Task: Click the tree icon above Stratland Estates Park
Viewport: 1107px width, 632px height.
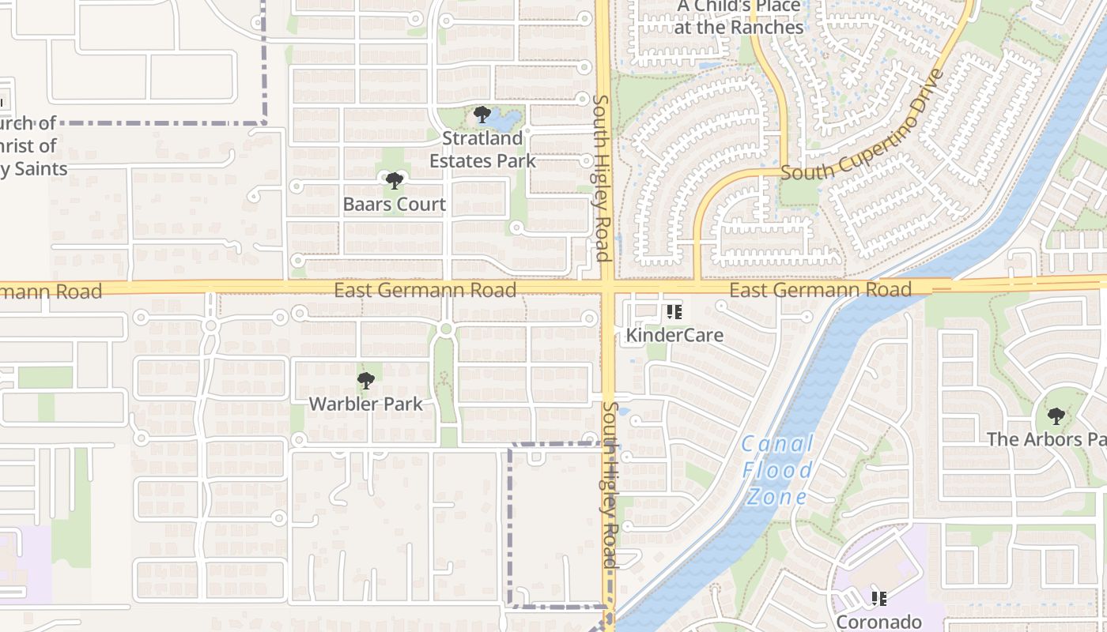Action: pyautogui.click(x=482, y=115)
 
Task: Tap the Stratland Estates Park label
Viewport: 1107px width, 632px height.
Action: pyautogui.click(x=482, y=149)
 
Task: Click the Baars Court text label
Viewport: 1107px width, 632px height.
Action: pyautogui.click(x=394, y=205)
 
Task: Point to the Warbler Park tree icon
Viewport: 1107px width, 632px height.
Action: pyautogui.click(x=365, y=382)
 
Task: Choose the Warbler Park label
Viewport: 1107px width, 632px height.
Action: pyautogui.click(x=365, y=404)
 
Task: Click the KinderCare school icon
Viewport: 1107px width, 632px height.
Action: pyautogui.click(x=674, y=312)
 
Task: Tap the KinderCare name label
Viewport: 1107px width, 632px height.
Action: pyautogui.click(x=674, y=335)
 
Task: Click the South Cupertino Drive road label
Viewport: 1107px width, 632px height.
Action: pyautogui.click(x=863, y=126)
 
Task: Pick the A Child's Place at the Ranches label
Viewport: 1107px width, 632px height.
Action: pyautogui.click(x=739, y=17)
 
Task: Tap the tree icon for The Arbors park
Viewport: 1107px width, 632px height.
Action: pyautogui.click(x=1056, y=416)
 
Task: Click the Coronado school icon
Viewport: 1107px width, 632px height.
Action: pyautogui.click(x=878, y=599)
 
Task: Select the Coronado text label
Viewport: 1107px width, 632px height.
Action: pyautogui.click(x=878, y=622)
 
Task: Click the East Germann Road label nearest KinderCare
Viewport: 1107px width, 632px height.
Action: pyautogui.click(x=819, y=290)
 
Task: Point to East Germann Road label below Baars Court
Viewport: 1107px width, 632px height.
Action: pyautogui.click(x=425, y=290)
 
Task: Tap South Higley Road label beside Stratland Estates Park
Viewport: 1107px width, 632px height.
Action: pyautogui.click(x=601, y=178)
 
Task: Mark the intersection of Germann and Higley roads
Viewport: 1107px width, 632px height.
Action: pyautogui.click(x=606, y=287)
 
